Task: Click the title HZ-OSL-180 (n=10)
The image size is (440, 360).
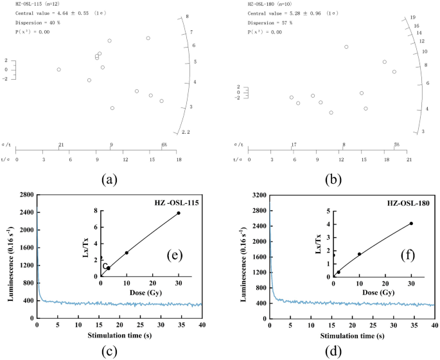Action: (x=272, y=4)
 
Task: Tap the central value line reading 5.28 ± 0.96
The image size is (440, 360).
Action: (x=291, y=13)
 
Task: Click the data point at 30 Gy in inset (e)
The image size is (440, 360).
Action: (x=179, y=213)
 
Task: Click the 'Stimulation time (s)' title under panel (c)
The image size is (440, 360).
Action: (x=119, y=334)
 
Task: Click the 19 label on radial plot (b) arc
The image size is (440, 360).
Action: (x=414, y=18)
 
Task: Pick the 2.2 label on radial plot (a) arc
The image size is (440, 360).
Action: (x=186, y=132)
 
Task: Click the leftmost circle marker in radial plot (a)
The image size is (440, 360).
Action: (x=58, y=69)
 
